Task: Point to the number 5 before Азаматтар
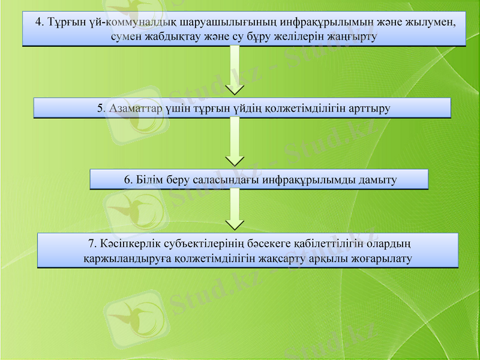[x=100, y=109]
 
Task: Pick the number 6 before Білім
[x=127, y=179]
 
